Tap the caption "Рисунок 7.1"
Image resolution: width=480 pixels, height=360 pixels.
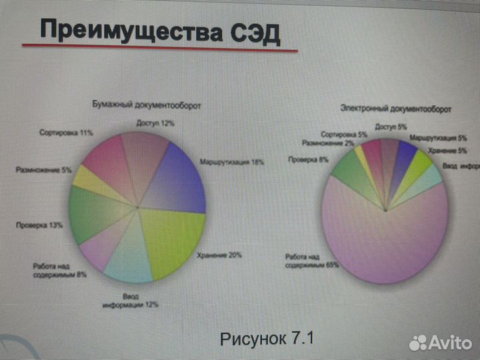267,338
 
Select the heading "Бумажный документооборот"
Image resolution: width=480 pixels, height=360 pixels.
146,105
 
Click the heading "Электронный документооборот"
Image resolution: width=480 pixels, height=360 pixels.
395,107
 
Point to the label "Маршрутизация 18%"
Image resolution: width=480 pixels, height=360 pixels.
231,162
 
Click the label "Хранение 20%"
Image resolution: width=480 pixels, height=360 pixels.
219,255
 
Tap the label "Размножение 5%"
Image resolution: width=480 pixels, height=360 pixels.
43,170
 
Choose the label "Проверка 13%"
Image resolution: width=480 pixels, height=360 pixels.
39,225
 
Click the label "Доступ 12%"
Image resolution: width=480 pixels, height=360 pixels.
155,123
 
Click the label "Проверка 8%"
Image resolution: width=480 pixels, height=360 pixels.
308,159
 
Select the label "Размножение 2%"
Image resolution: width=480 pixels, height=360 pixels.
327,143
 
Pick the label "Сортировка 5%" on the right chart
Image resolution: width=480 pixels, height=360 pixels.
344,135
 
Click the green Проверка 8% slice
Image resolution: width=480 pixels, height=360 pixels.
347,171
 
